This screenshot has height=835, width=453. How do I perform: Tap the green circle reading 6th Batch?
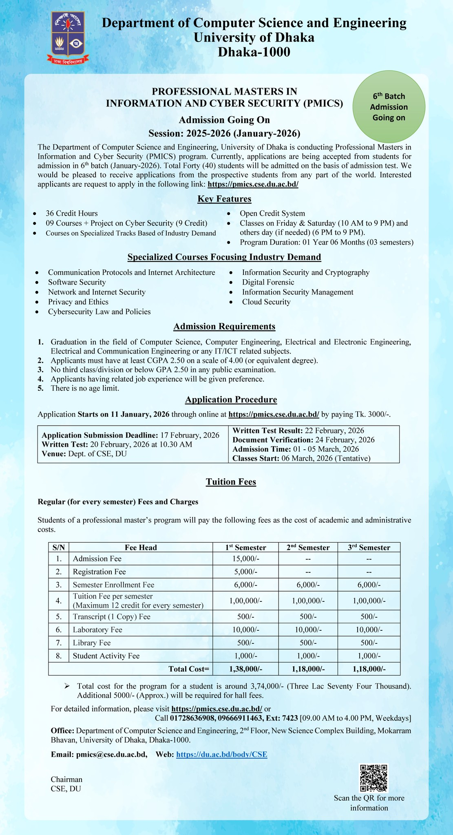pyautogui.click(x=389, y=106)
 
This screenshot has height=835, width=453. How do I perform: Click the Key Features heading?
pyautogui.click(x=224, y=199)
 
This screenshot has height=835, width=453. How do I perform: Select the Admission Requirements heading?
pyautogui.click(x=224, y=327)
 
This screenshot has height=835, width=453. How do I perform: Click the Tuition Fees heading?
pyautogui.click(x=231, y=482)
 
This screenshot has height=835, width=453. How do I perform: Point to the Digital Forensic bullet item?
pyautogui.click(x=268, y=282)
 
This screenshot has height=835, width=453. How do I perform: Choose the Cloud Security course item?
pyautogui.click(x=266, y=302)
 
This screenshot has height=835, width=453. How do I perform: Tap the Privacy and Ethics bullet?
pyautogui.click(x=78, y=302)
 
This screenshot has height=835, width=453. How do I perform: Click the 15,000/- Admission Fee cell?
pyautogui.click(x=245, y=559)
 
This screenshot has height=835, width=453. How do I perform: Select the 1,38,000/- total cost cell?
pyautogui.click(x=245, y=669)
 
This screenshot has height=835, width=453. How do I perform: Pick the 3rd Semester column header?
pyautogui.click(x=369, y=548)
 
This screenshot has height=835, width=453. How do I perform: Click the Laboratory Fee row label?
pyautogui.click(x=97, y=630)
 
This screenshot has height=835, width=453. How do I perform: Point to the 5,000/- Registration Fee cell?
pyautogui.click(x=245, y=572)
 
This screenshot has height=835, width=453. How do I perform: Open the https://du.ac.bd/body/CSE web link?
pyautogui.click(x=221, y=754)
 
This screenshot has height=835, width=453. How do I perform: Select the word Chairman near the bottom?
pyautogui.click(x=66, y=779)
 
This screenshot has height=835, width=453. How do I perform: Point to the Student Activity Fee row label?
pyautogui.click(x=106, y=656)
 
